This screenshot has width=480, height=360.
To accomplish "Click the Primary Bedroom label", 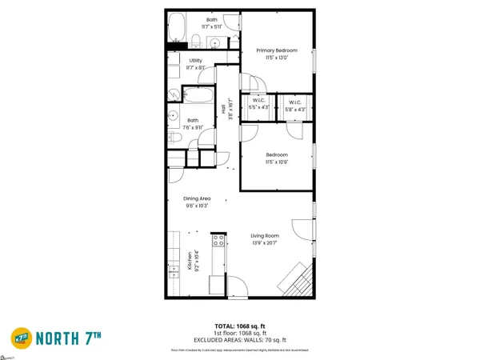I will tap(277, 50).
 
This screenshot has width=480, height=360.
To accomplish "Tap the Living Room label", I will tap(264, 235).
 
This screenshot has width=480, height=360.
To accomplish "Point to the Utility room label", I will tap(195, 61).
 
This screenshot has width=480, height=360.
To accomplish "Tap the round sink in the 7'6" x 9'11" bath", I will tap(174, 118).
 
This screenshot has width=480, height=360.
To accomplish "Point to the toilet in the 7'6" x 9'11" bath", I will tap(178, 142).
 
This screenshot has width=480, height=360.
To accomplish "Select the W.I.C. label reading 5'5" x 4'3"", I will tap(257, 105).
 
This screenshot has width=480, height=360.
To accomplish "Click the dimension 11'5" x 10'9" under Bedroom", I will tap(277, 162).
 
